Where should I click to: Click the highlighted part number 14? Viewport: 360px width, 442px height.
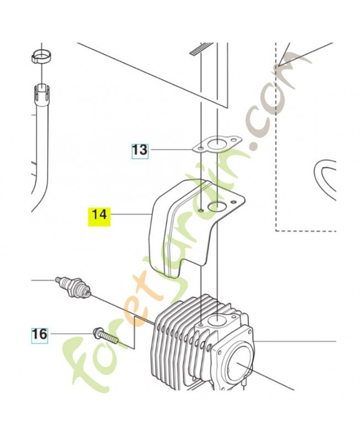[100, 214]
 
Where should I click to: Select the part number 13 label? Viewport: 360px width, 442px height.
[140, 150]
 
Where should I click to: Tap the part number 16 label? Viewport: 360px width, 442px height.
[39, 335]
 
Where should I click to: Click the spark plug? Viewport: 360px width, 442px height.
[73, 287]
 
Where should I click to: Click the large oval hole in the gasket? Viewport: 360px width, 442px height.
[215, 145]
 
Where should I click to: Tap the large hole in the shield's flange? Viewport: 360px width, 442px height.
[216, 207]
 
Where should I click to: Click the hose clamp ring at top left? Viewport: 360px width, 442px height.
[41, 56]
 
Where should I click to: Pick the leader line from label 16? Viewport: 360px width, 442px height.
[70, 334]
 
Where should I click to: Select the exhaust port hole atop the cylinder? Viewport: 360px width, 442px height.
[217, 320]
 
